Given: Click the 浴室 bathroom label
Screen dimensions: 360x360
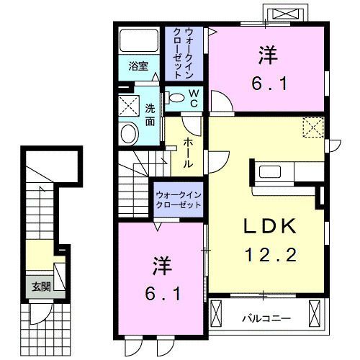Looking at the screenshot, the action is (x=138, y=66).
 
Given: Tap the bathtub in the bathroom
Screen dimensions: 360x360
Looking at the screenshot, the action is (x=139, y=40).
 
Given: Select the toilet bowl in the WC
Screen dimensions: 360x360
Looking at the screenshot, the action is (x=176, y=98).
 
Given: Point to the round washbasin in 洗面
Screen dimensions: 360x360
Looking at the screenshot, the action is (x=130, y=133).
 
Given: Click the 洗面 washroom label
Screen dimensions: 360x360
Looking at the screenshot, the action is (x=150, y=115).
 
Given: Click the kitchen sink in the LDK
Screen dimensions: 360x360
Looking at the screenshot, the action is (x=270, y=172).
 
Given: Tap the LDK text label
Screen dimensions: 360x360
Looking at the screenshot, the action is (x=270, y=227).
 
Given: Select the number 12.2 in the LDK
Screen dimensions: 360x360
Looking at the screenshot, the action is (x=271, y=255).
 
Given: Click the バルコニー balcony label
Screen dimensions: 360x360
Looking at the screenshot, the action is (x=266, y=319).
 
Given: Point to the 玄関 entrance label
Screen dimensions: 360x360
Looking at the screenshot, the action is (x=41, y=287).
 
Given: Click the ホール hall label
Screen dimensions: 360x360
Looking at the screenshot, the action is (x=188, y=153).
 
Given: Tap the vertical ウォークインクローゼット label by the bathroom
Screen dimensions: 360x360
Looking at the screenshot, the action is (x=184, y=53).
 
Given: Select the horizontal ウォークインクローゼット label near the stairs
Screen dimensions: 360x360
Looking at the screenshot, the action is (x=179, y=200).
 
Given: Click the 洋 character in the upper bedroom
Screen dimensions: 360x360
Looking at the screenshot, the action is (x=268, y=55).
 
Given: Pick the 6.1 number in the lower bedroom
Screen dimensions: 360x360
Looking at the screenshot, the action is (x=163, y=294).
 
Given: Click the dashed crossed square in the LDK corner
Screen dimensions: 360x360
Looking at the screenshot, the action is (x=313, y=127).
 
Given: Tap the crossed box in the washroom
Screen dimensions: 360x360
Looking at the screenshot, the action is (x=129, y=106).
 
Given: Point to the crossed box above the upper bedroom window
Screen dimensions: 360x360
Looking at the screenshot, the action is (x=285, y=14).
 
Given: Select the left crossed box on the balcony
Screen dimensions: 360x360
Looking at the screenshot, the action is (x=216, y=312).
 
